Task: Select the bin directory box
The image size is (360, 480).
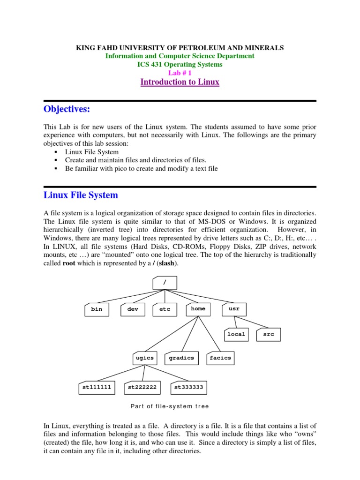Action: (97, 309)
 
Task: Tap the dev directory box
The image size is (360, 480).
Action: (133, 309)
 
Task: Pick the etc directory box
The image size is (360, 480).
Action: (165, 309)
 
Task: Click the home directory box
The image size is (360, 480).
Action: (198, 309)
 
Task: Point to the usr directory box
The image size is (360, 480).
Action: (234, 309)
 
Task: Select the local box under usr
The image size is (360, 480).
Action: (236, 334)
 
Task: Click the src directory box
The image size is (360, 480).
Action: (269, 334)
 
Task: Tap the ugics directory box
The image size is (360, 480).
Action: (144, 358)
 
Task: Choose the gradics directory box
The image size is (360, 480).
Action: (181, 358)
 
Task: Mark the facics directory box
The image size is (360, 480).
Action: (220, 358)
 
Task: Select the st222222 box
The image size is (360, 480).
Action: (142, 388)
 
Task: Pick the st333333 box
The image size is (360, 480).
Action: (188, 388)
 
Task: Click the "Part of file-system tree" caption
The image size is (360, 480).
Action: (170, 406)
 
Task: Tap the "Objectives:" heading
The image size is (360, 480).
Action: (66, 109)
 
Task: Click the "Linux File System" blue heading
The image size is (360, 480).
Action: (81, 195)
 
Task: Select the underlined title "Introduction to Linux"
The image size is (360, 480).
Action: (180, 82)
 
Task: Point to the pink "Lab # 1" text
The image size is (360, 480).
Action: (180, 73)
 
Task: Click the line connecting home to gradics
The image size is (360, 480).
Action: (190, 334)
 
